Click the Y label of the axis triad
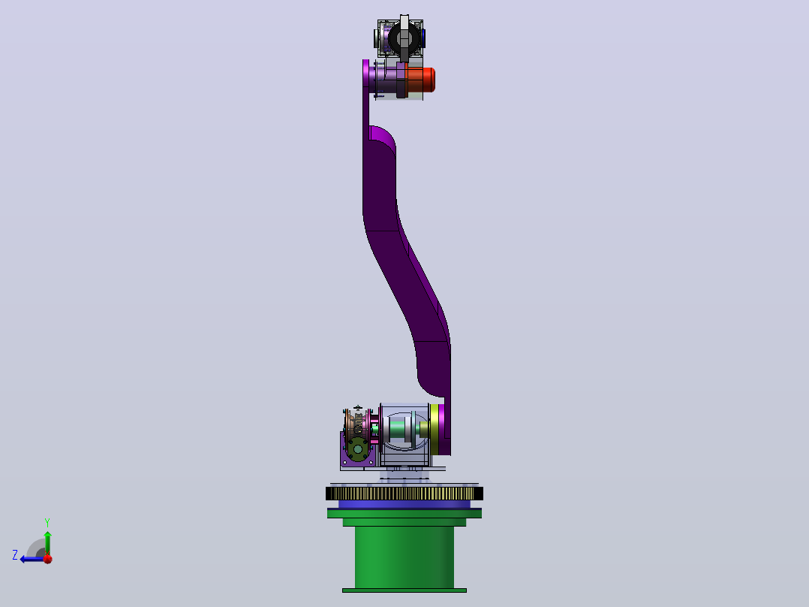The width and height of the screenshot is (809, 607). coord(47,522)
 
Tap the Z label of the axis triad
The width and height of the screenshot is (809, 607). coord(15,555)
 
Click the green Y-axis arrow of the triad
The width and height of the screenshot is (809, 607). coord(47,543)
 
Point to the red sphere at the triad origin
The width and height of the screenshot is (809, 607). coord(48,558)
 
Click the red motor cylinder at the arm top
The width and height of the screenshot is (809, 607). coord(421,80)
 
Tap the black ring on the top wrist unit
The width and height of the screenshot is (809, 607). coord(404,38)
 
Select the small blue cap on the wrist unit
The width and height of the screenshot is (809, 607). coord(423,38)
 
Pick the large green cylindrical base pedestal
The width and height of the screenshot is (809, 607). coord(404,557)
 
